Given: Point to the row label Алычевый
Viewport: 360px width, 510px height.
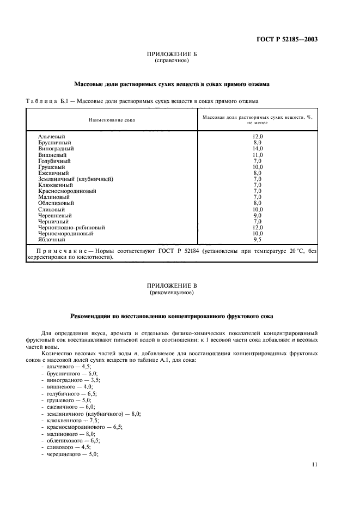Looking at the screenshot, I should coord(51,136).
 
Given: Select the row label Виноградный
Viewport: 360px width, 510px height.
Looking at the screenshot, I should coord(56,148).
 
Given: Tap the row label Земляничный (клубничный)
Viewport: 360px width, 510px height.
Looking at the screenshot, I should coord(76,179).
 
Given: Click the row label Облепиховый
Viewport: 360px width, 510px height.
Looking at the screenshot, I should coord(57,202).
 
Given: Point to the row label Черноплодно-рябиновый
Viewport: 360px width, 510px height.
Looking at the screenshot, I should coord(71,227).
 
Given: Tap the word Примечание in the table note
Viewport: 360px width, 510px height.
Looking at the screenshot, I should coord(57,251).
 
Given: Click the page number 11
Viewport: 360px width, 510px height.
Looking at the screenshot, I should coord(314,464).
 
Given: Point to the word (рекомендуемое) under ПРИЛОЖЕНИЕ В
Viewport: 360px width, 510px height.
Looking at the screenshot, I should coord(172,293).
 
